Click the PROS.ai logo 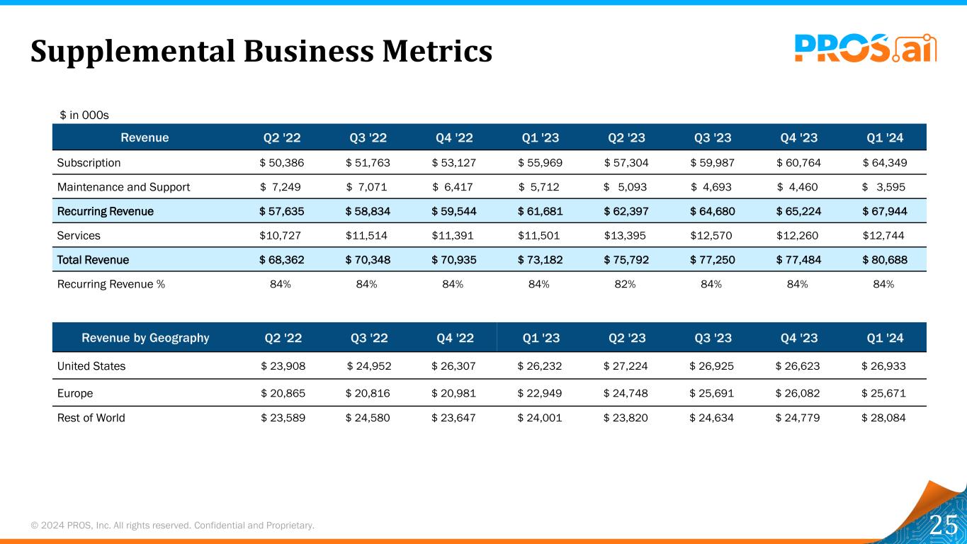click(x=865, y=48)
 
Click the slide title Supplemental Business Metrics click(x=261, y=51)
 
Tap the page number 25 click(x=943, y=526)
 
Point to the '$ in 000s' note click(x=84, y=115)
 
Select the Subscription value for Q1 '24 click(x=885, y=162)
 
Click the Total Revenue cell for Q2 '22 click(x=282, y=259)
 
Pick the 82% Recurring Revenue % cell click(x=625, y=284)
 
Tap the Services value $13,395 click(x=625, y=235)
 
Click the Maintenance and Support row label click(x=123, y=187)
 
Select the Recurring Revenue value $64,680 click(x=712, y=211)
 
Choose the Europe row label click(x=75, y=392)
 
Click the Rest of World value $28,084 click(x=883, y=417)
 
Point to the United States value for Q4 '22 click(x=453, y=366)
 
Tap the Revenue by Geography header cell click(x=145, y=338)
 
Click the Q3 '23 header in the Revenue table click(x=712, y=137)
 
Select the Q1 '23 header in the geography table click(x=541, y=338)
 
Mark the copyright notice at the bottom click(x=172, y=525)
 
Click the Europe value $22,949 click(x=540, y=392)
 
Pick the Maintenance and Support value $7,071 click(x=368, y=187)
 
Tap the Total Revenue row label click(x=93, y=259)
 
